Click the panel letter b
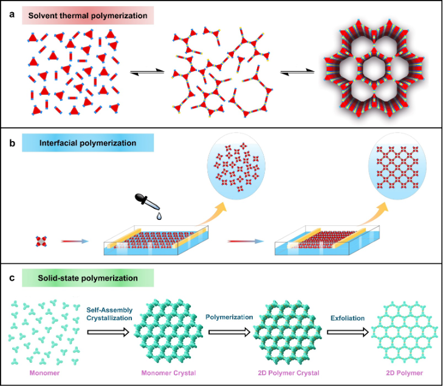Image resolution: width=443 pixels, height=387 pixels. [11, 145]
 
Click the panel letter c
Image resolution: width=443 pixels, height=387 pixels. [11, 278]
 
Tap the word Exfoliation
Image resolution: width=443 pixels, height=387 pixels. [347, 318]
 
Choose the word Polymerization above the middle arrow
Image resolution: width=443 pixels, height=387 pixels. [228, 318]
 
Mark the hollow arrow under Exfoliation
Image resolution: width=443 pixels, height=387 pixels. [348, 332]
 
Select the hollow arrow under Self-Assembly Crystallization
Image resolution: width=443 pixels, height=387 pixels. [110, 332]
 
